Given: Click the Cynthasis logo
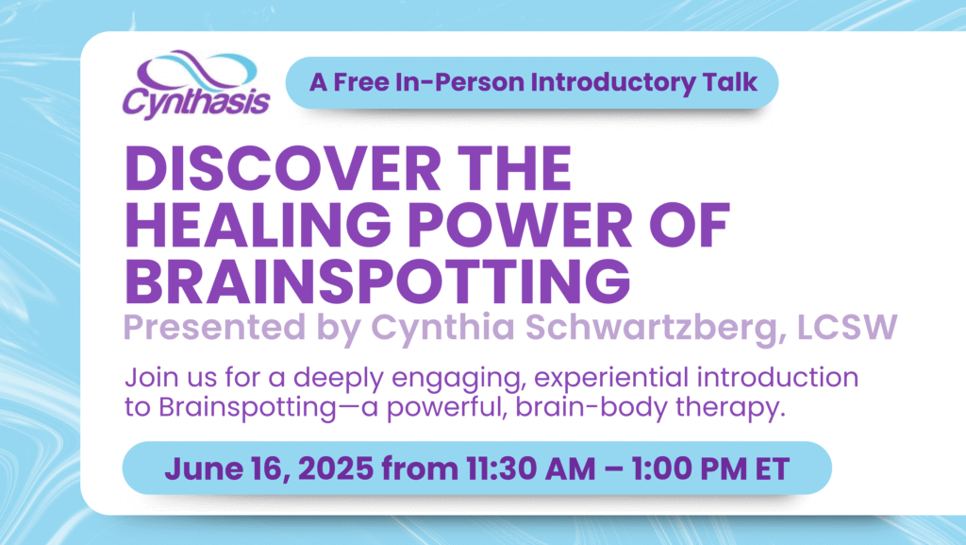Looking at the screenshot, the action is [x=196, y=85].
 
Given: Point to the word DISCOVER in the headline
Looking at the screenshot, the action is [x=283, y=169].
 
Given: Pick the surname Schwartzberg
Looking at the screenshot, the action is [x=656, y=328].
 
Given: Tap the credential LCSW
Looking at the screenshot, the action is [x=846, y=327].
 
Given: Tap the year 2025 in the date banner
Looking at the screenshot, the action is [x=335, y=468].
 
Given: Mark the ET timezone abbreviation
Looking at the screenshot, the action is [x=773, y=468].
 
